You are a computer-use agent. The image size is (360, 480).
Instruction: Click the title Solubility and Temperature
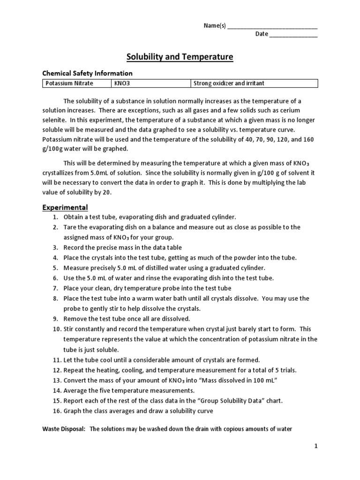(x=180, y=57)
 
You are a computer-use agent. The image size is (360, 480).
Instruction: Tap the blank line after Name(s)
(x=272, y=26)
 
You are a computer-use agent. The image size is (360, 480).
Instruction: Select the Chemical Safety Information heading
(x=88, y=73)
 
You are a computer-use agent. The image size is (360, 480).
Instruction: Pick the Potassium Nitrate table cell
(x=69, y=83)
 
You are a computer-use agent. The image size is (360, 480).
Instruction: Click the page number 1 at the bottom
(x=316, y=447)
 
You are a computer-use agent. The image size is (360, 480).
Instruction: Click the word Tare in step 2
(x=70, y=227)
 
